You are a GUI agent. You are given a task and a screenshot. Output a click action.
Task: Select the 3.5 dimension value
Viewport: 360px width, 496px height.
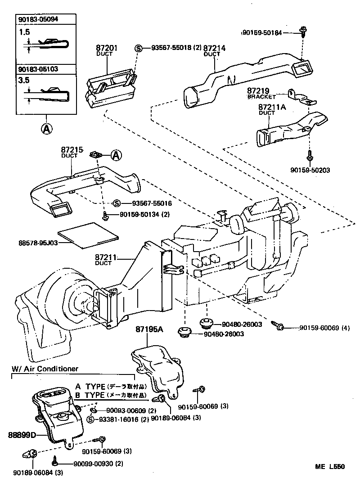point(24,81)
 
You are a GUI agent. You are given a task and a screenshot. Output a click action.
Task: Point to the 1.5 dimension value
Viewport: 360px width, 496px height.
point(24,32)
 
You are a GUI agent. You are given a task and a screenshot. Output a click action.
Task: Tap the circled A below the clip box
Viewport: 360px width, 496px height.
point(46,129)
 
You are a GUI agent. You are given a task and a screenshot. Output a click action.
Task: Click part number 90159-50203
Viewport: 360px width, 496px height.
point(310,171)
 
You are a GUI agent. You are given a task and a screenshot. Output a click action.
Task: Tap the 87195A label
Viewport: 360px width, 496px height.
point(149,329)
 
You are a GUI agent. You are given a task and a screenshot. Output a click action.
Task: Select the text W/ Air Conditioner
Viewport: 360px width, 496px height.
point(45,369)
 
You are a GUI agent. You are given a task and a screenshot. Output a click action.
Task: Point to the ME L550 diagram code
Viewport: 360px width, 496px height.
point(330,467)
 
